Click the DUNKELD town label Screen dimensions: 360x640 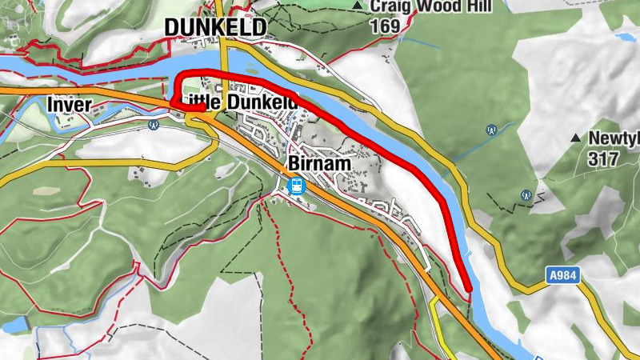214,27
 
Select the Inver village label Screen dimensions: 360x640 70,105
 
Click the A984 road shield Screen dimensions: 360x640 562,275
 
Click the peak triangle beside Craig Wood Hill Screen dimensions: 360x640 357,6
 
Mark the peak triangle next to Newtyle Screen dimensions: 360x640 574,138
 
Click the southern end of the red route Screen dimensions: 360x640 467,287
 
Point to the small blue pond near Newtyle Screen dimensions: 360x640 624,36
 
